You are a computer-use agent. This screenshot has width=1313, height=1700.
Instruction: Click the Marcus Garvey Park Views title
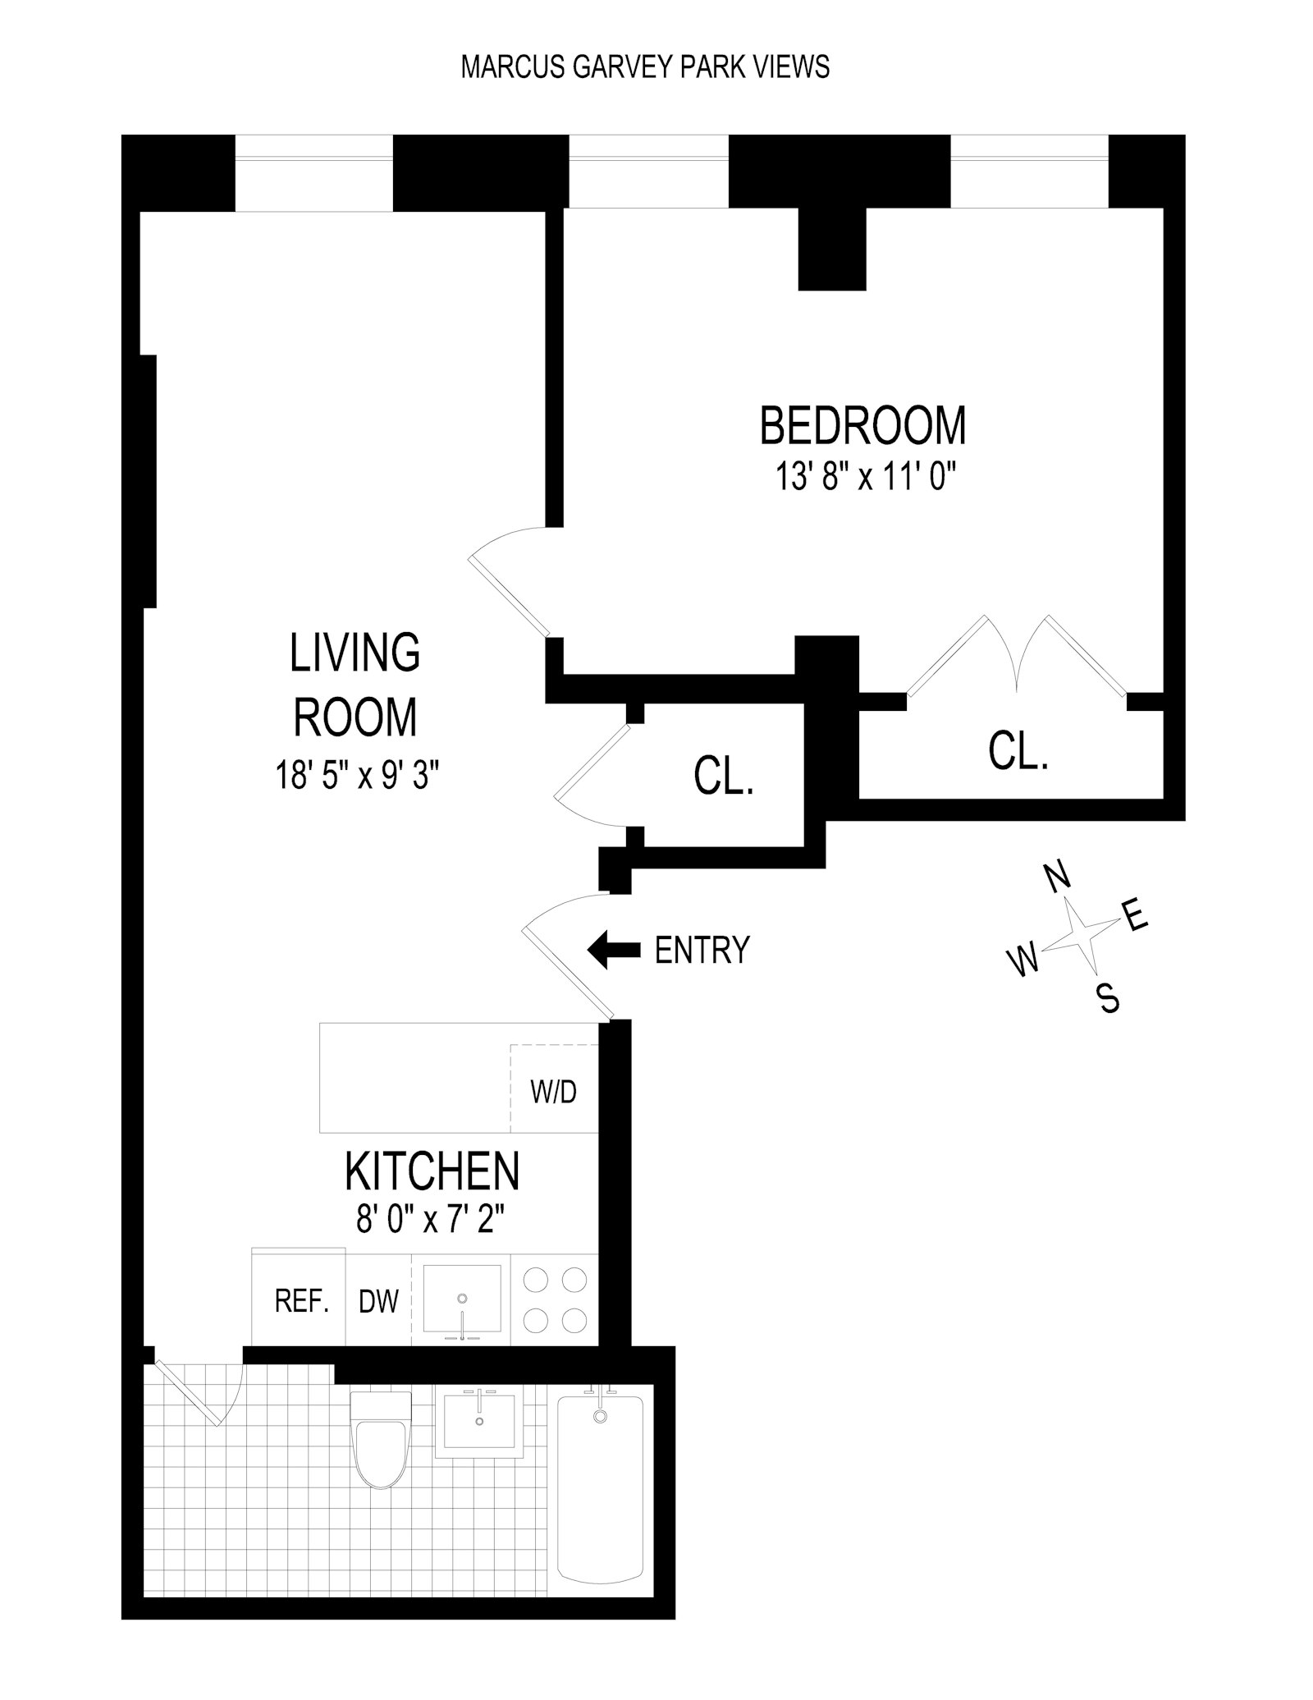click(645, 66)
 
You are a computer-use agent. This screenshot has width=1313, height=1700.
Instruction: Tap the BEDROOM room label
click(862, 425)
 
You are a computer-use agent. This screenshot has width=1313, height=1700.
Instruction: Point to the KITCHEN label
click(432, 1171)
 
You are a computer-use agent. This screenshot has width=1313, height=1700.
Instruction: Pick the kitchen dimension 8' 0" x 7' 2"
click(429, 1219)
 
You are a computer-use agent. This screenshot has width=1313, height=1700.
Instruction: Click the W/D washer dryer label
click(554, 1092)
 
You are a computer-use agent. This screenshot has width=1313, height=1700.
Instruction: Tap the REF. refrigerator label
click(301, 1301)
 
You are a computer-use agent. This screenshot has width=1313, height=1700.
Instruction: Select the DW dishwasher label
click(378, 1301)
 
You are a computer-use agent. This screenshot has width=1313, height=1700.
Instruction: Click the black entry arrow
click(614, 950)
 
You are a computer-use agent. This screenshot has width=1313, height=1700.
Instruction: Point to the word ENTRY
click(702, 951)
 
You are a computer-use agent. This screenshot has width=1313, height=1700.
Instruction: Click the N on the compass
click(1059, 876)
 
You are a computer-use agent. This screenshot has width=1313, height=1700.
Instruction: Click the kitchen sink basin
click(461, 1299)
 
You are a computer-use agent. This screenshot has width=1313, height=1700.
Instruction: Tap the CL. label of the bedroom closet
click(1018, 751)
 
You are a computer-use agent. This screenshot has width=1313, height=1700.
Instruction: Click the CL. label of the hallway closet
click(724, 776)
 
